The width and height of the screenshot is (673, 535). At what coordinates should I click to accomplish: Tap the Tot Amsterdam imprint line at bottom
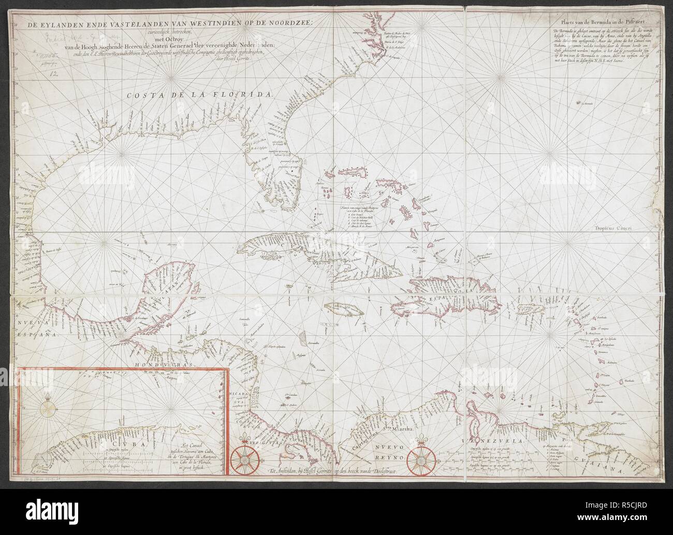coord(332,471)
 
